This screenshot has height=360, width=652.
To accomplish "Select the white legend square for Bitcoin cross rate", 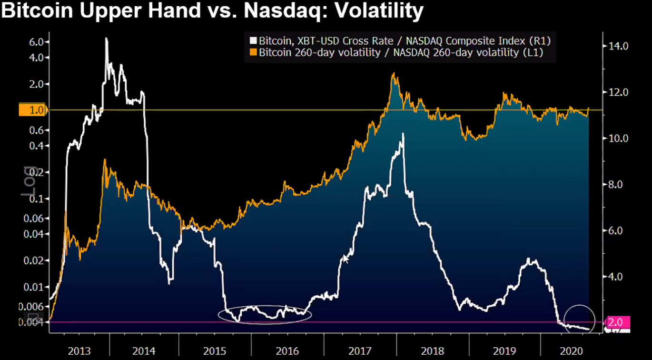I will [x=253, y=41].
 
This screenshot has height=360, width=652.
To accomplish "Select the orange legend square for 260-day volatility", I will [x=253, y=52].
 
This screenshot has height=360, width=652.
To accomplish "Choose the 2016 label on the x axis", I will [x=287, y=351].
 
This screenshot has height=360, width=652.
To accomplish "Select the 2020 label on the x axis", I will [x=572, y=351].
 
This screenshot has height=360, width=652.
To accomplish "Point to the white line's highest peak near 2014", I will [x=106, y=39].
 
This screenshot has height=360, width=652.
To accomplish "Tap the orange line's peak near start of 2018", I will [x=394, y=74].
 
